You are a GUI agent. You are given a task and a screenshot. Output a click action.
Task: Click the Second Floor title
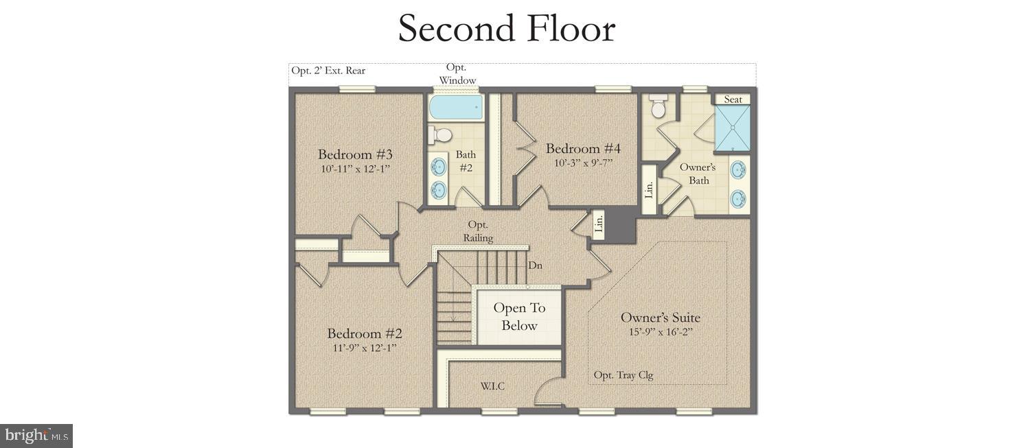(x=506, y=29)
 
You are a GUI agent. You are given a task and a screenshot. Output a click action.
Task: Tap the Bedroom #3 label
(x=355, y=154)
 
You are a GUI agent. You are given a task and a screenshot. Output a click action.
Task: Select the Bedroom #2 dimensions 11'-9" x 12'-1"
(x=364, y=348)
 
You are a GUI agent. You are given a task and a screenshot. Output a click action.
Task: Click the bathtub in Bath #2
(x=455, y=108)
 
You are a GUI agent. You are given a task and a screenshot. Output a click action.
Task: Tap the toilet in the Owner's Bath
(x=659, y=107)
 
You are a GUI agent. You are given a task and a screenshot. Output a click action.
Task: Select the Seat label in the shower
(x=733, y=99)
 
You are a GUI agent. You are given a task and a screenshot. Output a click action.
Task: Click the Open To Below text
(x=519, y=317)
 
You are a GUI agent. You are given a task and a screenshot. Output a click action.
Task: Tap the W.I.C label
(x=492, y=386)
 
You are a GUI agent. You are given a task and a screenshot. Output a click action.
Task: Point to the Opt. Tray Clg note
(x=623, y=375)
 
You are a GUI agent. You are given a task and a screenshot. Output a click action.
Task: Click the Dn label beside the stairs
(x=536, y=266)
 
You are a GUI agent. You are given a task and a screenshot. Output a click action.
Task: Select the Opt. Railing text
(x=478, y=231)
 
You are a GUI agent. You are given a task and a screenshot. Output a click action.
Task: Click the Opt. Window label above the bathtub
(x=457, y=74)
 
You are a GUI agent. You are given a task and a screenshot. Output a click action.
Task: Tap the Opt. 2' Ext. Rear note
(x=328, y=70)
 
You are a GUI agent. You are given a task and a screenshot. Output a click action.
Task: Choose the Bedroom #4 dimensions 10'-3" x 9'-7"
(x=583, y=163)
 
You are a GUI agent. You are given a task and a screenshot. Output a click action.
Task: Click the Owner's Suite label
(x=660, y=317)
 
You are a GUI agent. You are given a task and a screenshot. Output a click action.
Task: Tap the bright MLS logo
(x=36, y=436)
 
